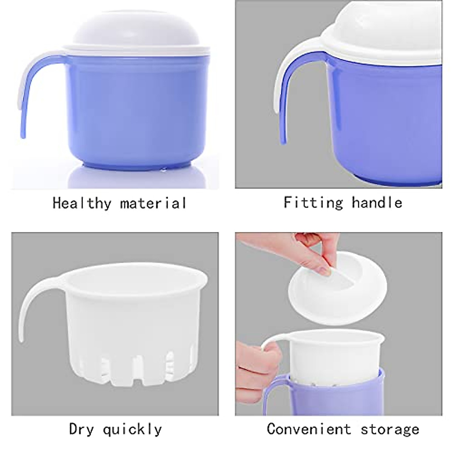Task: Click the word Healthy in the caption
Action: pyautogui.click(x=82, y=203)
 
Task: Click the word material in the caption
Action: pyautogui.click(x=153, y=203)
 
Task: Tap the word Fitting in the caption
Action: pyautogui.click(x=313, y=202)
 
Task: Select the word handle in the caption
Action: pyautogui.click(x=377, y=202)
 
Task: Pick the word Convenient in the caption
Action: pyautogui.click(x=308, y=429)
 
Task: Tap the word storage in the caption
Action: pyautogui.click(x=390, y=429)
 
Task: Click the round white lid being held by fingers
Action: pyautogui.click(x=340, y=287)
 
